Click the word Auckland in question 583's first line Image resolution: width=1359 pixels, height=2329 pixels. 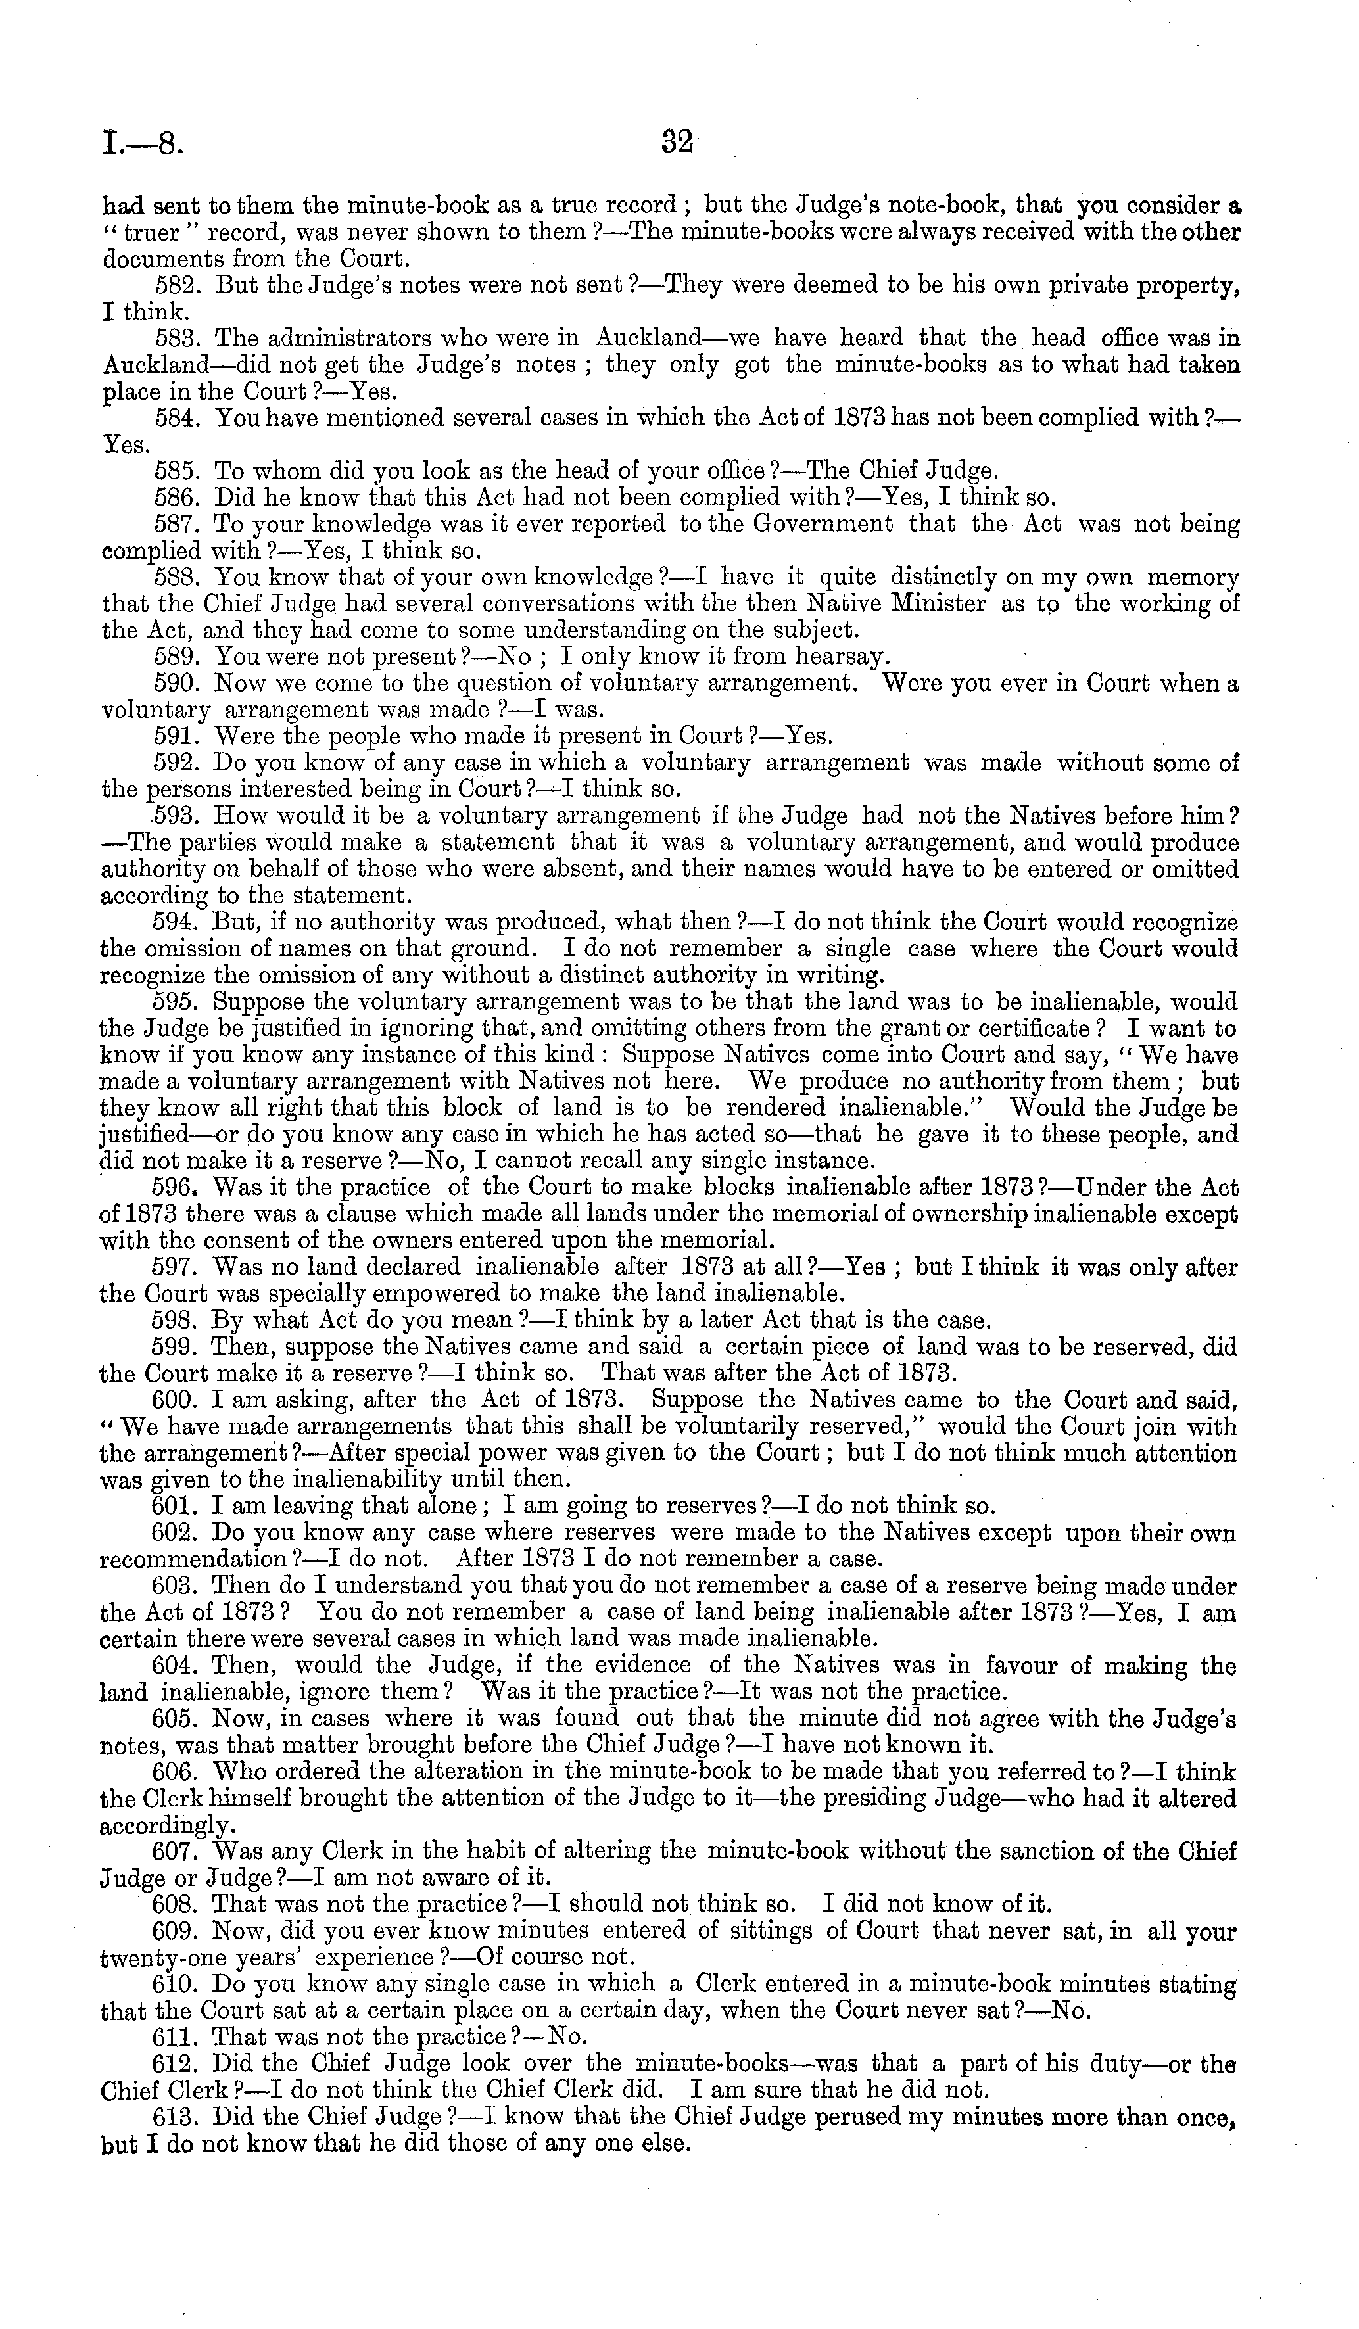tap(644, 339)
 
